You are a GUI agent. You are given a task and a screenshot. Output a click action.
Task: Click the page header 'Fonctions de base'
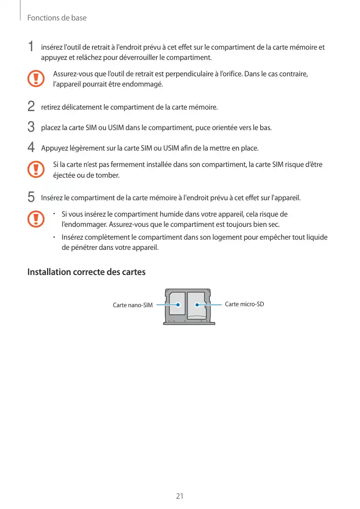click(57, 18)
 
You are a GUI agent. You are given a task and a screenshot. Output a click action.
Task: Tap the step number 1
click(31, 47)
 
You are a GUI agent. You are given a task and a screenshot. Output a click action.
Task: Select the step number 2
click(31, 107)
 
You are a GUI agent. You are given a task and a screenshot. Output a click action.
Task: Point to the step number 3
click(31, 126)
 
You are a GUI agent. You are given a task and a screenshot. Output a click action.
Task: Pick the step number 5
click(31, 197)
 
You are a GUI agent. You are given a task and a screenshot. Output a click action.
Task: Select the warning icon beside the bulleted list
click(35, 219)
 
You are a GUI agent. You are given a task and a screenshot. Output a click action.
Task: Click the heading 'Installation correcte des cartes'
click(86, 272)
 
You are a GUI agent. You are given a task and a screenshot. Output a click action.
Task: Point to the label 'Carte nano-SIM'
click(133, 305)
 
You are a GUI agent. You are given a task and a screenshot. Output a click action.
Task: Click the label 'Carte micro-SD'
click(244, 304)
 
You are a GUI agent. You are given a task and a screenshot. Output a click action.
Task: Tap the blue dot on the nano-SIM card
click(178, 305)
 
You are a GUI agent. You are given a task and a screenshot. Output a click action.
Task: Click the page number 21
click(180, 496)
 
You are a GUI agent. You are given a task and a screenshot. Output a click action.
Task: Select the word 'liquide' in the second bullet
click(316, 238)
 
